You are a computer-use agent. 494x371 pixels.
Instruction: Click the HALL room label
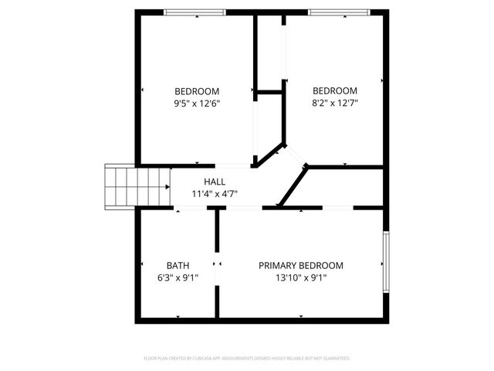pyautogui.click(x=215, y=182)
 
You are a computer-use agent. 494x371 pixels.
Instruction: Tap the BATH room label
pyautogui.click(x=178, y=265)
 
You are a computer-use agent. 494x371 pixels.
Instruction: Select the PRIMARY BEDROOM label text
pyautogui.click(x=301, y=265)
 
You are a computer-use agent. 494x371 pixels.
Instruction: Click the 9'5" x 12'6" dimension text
pyautogui.click(x=197, y=103)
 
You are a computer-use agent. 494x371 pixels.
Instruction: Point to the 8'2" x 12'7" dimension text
pyautogui.click(x=335, y=103)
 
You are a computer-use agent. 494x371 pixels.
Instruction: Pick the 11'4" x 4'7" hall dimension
pyautogui.click(x=215, y=194)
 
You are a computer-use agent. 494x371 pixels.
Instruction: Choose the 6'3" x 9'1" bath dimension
pyautogui.click(x=178, y=278)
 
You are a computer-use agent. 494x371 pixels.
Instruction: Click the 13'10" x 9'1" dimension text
pyautogui.click(x=301, y=278)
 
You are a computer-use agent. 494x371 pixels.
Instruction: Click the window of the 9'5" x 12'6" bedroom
pyautogui.click(x=195, y=12)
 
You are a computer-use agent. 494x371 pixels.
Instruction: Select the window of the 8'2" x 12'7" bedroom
pyautogui.click(x=337, y=12)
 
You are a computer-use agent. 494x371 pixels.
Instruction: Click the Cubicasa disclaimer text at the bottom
pyautogui.click(x=247, y=359)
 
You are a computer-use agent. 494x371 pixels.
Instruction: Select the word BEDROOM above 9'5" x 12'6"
pyautogui.click(x=197, y=90)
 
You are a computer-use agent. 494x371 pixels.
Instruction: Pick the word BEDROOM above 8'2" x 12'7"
pyautogui.click(x=335, y=90)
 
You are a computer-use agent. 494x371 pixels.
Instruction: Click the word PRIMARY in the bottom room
pyautogui.click(x=276, y=265)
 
